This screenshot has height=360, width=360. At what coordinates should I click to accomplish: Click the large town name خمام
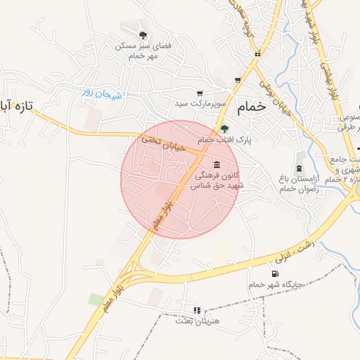[253, 107]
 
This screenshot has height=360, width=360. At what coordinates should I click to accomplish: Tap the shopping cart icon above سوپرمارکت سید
[200, 93]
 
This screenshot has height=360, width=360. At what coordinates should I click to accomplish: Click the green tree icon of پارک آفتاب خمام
[224, 128]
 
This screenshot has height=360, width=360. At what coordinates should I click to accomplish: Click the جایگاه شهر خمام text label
[275, 285]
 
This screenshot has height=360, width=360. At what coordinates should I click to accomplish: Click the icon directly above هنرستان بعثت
[197, 309]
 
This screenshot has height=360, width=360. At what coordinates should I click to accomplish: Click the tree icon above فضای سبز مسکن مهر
[143, 35]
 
